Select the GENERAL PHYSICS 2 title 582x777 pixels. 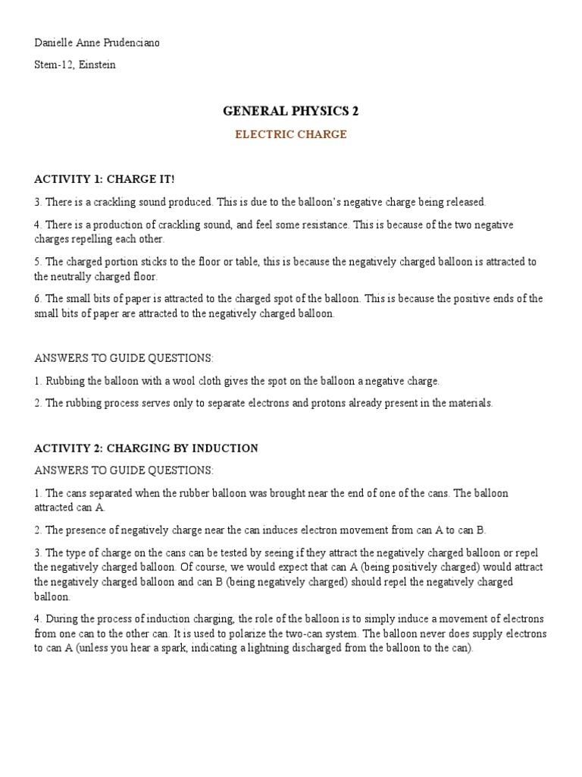pyautogui.click(x=291, y=111)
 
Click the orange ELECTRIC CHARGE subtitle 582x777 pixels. pyautogui.click(x=291, y=134)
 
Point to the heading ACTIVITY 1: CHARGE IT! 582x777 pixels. pyautogui.click(x=105, y=179)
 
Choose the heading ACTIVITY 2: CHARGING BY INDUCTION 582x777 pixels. pyautogui.click(x=146, y=448)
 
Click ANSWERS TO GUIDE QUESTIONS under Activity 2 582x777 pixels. pyautogui.click(x=124, y=470)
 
